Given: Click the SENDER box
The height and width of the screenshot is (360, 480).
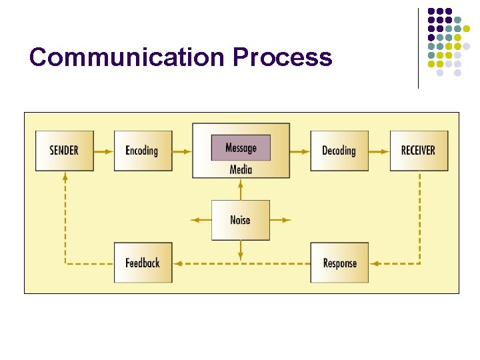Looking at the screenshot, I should coord(64,151).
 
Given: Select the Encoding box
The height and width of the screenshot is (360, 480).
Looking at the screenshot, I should coord(142,151).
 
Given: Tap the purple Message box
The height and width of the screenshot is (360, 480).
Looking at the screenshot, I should coord(241,147).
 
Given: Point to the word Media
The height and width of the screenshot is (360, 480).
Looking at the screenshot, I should coord(241,169).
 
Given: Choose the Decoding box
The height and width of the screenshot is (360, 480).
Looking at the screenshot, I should coord(339,151).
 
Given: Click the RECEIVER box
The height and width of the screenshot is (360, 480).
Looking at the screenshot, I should coord(418,151).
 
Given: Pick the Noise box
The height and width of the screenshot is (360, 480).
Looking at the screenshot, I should coord(241,220).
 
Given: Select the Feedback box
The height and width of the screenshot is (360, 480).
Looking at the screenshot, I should coord(142,263).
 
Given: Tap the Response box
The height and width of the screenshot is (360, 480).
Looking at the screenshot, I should coord(339,263).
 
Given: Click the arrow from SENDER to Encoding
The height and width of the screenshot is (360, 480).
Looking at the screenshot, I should coord(103,151).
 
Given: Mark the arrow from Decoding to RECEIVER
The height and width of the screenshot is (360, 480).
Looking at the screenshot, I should coord(379,151).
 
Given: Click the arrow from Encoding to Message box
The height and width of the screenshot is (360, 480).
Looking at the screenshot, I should coord(182,151).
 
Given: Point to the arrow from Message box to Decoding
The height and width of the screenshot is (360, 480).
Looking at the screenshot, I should coord(300,151).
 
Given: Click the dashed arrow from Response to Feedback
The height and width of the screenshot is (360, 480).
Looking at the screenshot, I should coord(241,263).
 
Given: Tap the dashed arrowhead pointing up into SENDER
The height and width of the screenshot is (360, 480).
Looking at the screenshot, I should coord(65,177).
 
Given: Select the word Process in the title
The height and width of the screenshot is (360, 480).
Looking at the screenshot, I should coord(282,57).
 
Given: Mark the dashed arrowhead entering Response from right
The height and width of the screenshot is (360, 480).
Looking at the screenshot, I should coord(374,263).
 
